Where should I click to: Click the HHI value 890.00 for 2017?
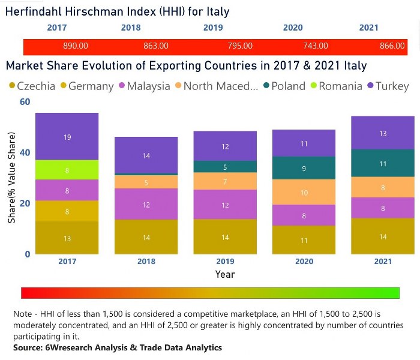tap(76, 46)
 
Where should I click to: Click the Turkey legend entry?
tap(386, 86)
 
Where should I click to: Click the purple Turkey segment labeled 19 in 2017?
tap(67, 137)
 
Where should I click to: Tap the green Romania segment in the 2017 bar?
tap(67, 170)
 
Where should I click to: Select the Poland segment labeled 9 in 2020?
tap(304, 169)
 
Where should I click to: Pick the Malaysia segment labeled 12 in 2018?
tap(146, 205)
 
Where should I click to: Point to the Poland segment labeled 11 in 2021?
tap(383, 163)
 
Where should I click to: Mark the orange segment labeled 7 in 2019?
tap(225, 181)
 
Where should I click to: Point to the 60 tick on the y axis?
tap(25, 102)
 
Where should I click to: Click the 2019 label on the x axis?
tap(225, 262)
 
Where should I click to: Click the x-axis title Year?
tap(225, 274)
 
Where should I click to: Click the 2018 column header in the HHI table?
tap(131, 28)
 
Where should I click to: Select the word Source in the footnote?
tap(28, 348)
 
